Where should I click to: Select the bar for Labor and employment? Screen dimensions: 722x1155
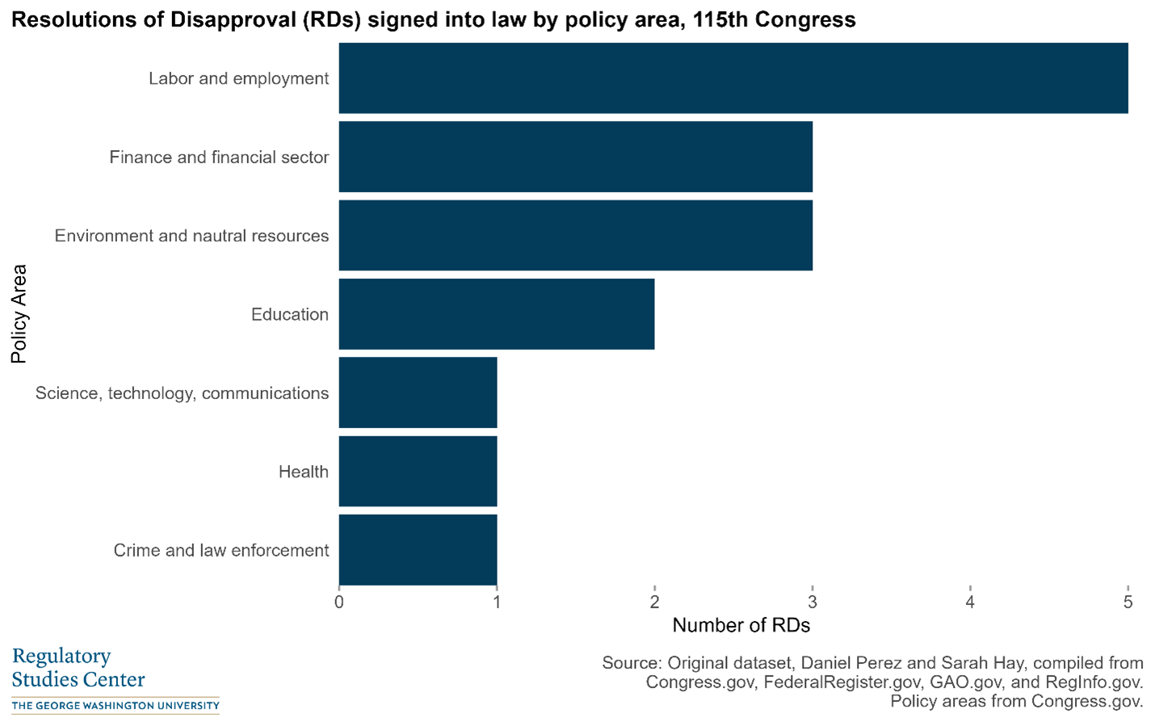[x=733, y=78]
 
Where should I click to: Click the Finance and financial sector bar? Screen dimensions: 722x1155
[x=575, y=157]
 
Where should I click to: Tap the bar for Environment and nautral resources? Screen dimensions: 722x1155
[x=575, y=235]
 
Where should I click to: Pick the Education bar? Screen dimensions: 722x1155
[x=496, y=314]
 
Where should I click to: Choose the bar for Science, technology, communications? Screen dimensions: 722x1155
[x=418, y=392]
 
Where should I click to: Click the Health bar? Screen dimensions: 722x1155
[x=418, y=471]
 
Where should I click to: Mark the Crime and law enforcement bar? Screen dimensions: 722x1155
[x=418, y=550]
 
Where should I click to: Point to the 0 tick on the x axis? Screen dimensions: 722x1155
[x=339, y=602]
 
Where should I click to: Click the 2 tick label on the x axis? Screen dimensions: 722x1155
[x=654, y=602]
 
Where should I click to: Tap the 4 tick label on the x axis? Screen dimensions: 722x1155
[x=970, y=602]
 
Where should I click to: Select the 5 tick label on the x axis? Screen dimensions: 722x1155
[x=1128, y=602]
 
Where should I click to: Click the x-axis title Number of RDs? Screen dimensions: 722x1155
[x=741, y=625]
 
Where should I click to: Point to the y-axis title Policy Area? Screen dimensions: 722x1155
[x=19, y=314]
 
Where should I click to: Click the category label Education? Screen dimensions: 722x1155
[x=289, y=314]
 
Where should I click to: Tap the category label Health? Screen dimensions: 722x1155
[x=303, y=472]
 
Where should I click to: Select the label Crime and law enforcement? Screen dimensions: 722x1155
[x=220, y=550]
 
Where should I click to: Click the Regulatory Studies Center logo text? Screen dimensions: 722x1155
[x=78, y=667]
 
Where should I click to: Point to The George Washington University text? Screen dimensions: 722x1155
[x=115, y=706]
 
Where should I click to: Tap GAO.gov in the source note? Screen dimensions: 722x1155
[x=967, y=682]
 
